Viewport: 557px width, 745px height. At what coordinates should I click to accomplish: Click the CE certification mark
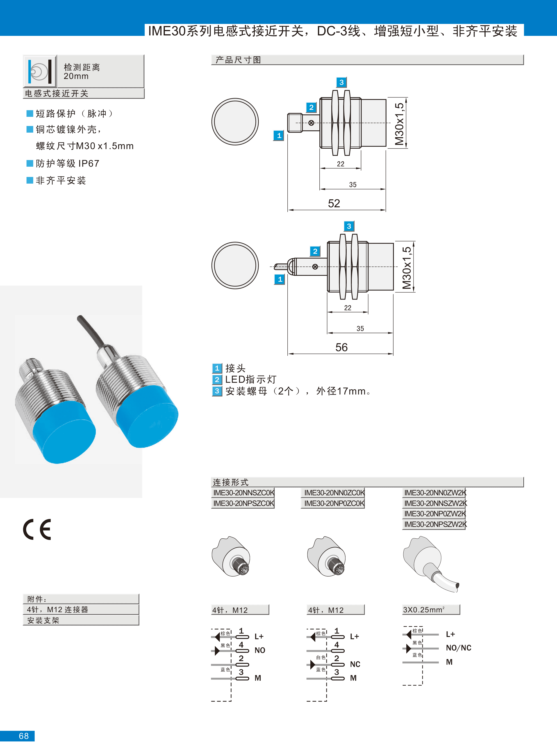tap(37, 529)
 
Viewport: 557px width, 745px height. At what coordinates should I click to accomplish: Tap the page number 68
tap(24, 736)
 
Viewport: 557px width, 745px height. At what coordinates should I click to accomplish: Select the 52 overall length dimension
tap(334, 203)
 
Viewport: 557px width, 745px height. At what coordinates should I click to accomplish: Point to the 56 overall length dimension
tap(341, 347)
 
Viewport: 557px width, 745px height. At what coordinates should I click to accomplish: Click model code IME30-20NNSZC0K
tap(243, 493)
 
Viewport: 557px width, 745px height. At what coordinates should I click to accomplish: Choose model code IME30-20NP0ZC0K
tap(334, 503)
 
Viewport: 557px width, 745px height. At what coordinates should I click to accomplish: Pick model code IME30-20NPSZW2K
tap(435, 524)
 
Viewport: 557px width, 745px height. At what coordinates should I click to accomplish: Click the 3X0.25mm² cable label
tap(424, 610)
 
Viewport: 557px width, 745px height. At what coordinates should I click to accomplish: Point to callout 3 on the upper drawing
tap(341, 82)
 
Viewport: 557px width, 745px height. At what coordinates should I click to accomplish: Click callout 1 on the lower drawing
tap(280, 279)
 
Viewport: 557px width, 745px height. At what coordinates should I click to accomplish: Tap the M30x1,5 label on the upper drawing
tap(399, 124)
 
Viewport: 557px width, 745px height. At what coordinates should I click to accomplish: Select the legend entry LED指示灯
tap(251, 380)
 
